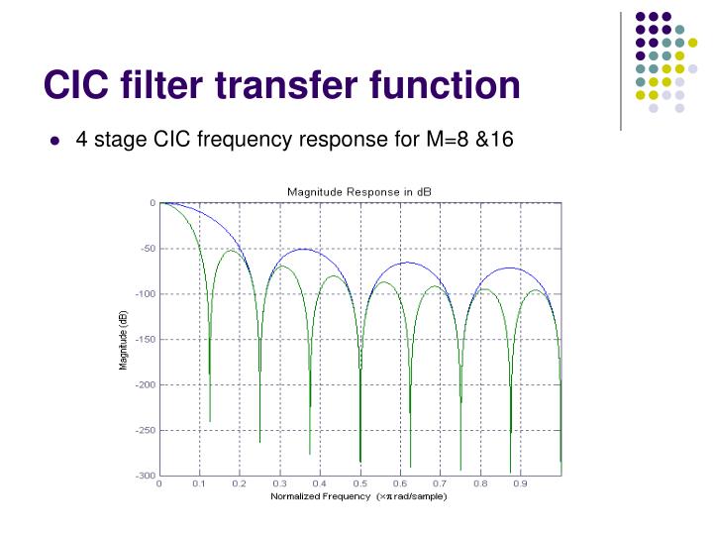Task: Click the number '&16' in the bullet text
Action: (x=495, y=139)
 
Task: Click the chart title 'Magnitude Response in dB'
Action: (x=359, y=190)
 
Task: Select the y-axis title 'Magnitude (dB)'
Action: (x=124, y=339)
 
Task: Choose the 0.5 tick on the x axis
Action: (x=359, y=484)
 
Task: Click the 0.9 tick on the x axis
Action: (x=520, y=484)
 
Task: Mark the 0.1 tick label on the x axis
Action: (x=199, y=484)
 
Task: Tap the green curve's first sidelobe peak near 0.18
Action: (x=232, y=251)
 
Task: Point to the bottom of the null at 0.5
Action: (x=360, y=462)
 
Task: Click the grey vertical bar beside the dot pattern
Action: (x=621, y=69)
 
